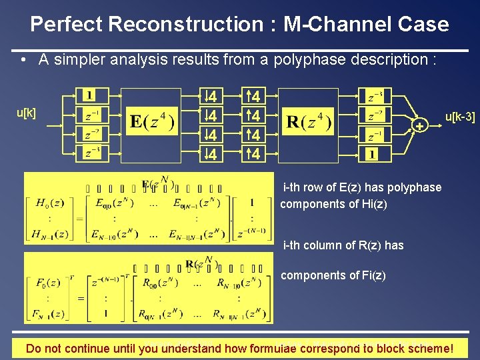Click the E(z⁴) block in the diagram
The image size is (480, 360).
[x=152, y=123]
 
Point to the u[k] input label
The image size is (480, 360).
[x=27, y=113]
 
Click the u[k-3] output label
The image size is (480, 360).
[x=459, y=117]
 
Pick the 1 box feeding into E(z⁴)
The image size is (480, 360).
[x=89, y=95]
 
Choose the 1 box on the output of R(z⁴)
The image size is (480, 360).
[x=371, y=154]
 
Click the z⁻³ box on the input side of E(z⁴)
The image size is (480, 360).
[x=89, y=153]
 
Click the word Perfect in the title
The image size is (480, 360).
[x=66, y=25]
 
